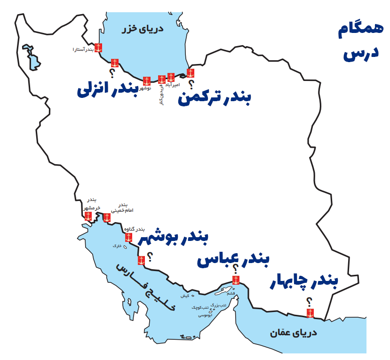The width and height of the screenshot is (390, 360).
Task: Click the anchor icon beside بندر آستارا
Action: tap(98, 48)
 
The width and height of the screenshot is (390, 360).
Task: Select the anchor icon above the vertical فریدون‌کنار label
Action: tap(161, 79)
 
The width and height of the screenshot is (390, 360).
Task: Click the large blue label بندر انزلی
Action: tap(107, 90)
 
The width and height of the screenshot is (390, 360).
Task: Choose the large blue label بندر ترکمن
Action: tap(215, 99)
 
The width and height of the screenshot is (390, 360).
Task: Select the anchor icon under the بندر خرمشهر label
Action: tap(88, 216)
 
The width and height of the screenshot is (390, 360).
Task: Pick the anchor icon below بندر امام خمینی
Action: tap(107, 217)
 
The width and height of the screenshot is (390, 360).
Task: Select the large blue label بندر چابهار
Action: tap(304, 282)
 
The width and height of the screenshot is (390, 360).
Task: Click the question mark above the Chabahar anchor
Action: tap(309, 302)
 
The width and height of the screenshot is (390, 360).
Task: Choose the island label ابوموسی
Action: tap(204, 315)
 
